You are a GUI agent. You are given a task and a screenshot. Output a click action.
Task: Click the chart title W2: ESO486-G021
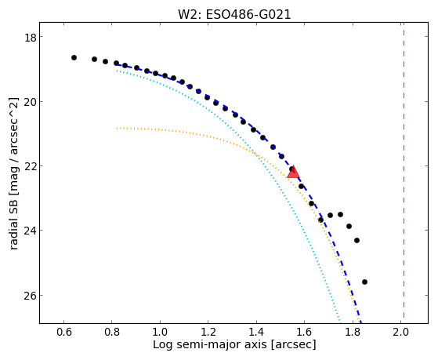(234, 14)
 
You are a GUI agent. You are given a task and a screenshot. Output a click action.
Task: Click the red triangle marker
(293, 173)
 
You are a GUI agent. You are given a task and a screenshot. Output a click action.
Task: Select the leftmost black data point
(74, 57)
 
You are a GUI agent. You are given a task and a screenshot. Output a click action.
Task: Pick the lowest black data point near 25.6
(364, 282)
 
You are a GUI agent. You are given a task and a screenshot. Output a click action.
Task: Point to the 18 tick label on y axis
(31, 37)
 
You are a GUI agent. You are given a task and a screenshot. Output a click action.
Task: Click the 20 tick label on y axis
(31, 102)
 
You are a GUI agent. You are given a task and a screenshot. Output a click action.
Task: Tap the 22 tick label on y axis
(31, 166)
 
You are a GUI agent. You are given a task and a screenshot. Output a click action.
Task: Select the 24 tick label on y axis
(31, 231)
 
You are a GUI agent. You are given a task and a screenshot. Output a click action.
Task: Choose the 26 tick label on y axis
(31, 296)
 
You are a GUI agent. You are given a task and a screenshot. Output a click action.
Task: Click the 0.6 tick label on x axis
(64, 333)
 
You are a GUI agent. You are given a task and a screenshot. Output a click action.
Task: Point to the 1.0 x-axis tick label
(160, 333)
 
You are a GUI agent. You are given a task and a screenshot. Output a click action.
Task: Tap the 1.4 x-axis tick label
(256, 333)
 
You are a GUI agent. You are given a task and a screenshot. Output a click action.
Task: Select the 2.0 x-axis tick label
(400, 333)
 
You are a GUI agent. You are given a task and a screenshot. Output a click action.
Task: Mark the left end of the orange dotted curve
(117, 128)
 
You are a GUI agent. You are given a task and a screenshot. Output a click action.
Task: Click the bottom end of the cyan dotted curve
(340, 322)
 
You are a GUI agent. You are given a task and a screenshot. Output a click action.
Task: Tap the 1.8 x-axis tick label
(353, 333)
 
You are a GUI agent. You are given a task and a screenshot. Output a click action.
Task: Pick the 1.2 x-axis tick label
(208, 333)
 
